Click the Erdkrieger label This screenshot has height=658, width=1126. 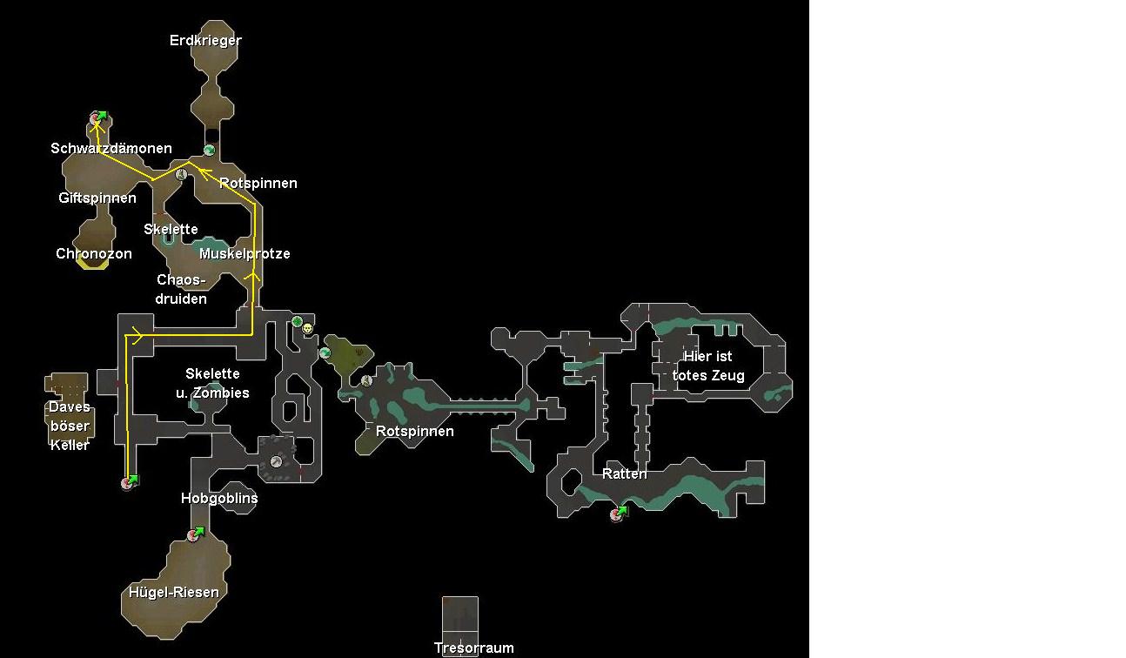205,40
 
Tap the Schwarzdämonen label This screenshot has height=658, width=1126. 111,149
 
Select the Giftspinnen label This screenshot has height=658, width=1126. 97,198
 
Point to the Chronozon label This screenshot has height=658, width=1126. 94,254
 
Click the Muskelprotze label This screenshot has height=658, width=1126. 245,254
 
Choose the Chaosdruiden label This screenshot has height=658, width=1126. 182,290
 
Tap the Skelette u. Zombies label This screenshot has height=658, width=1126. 213,384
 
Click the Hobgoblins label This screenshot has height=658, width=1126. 219,499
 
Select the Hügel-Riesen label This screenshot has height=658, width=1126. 174,593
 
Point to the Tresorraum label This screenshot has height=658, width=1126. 474,648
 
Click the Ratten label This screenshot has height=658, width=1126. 625,474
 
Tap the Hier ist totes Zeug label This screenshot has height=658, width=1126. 708,366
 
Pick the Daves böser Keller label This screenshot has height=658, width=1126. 70,426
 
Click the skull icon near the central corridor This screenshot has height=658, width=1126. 308,328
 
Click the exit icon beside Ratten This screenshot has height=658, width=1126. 619,514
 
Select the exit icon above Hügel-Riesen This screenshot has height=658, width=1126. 195,534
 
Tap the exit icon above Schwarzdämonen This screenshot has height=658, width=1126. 98,117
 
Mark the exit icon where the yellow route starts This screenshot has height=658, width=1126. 130,481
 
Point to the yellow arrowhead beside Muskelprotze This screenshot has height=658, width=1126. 255,276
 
